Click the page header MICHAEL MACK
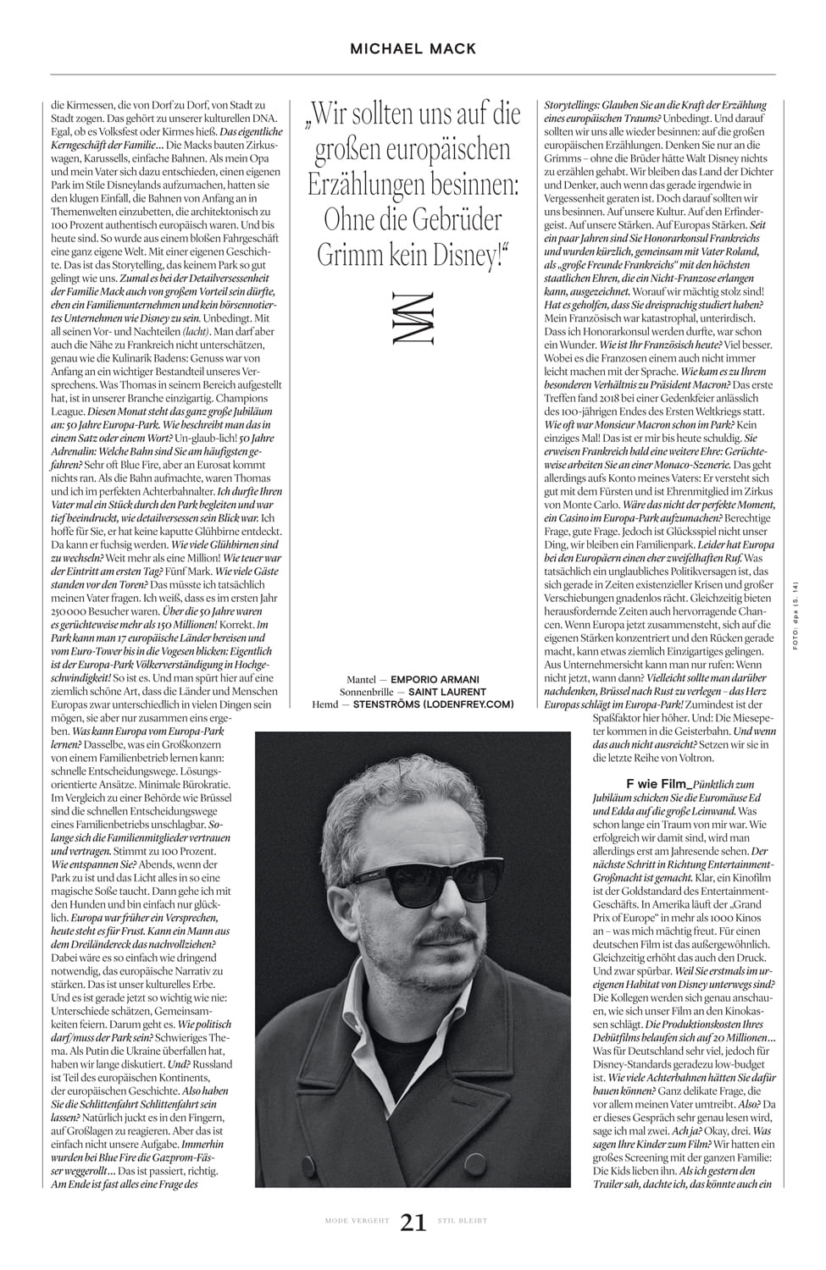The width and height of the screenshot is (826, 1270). coord(413,49)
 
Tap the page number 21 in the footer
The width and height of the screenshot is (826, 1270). coord(413,1223)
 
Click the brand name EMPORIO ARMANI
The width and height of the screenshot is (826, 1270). coord(435,679)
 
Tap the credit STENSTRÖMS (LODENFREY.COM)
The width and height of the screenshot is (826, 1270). coord(433,704)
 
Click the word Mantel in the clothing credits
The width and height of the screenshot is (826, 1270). coord(363,679)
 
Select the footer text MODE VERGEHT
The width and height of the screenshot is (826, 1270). coord(357,1221)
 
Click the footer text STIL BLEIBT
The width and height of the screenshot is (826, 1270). coord(462,1221)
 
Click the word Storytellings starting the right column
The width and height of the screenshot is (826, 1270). coord(576,105)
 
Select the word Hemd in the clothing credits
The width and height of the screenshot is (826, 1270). coord(326,704)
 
